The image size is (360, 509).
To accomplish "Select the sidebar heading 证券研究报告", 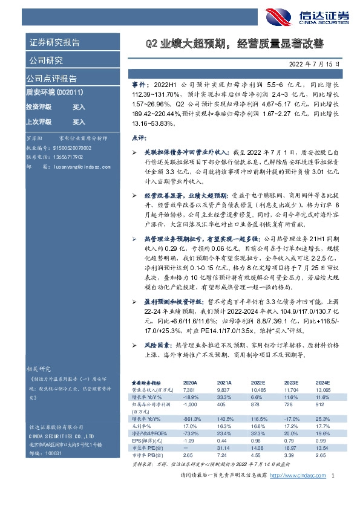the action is click(x=54, y=44).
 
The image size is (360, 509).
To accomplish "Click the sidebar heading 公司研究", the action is click(x=45, y=60).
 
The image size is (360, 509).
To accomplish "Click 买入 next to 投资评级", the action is click(x=79, y=106).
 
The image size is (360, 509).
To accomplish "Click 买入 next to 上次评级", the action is click(x=79, y=122).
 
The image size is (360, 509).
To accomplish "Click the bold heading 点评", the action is click(x=139, y=138).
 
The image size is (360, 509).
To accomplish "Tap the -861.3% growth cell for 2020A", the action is click(x=192, y=418).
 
